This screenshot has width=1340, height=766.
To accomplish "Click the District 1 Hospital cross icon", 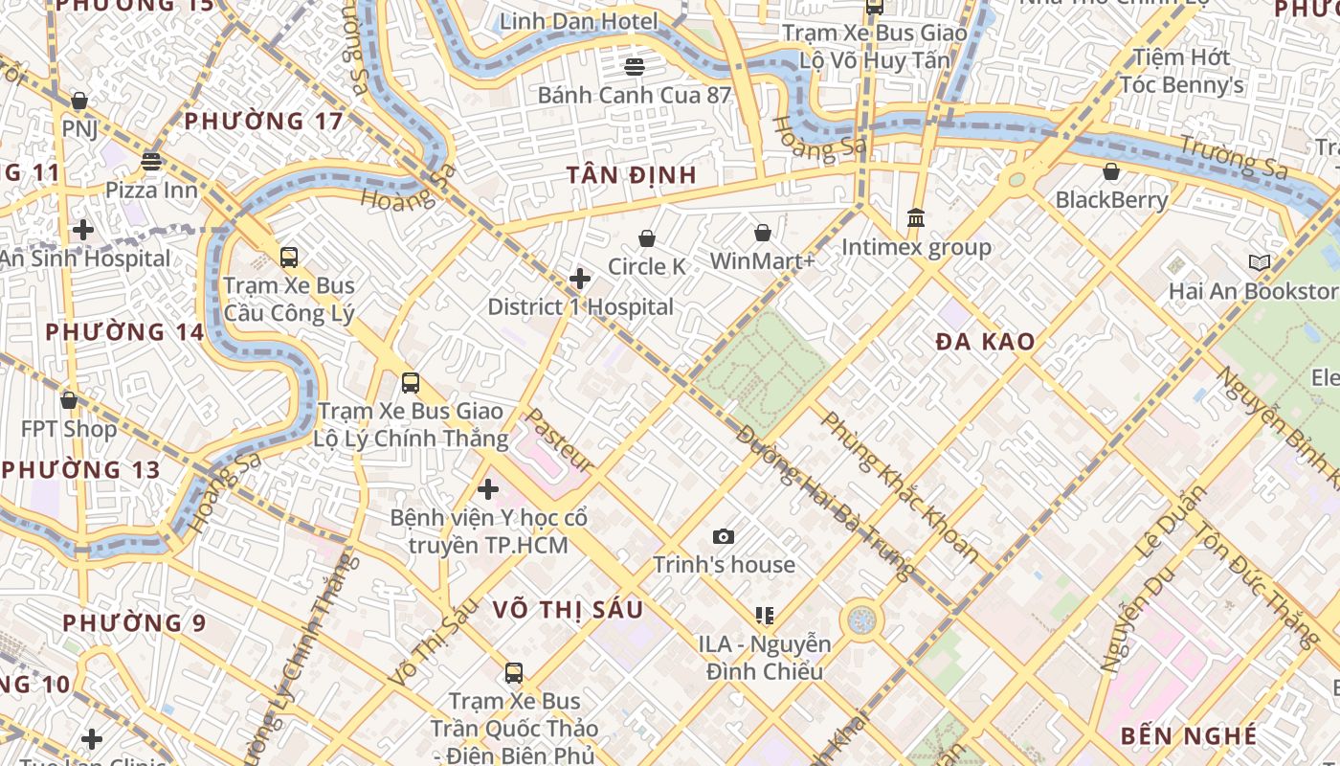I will click(580, 279).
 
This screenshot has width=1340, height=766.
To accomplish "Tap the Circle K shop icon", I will click(647, 238).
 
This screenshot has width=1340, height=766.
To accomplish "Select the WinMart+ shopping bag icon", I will click(763, 233).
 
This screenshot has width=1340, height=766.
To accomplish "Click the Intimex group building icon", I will click(916, 218).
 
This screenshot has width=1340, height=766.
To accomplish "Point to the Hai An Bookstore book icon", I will click(1260, 262).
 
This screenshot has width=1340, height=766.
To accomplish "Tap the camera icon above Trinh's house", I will click(724, 536).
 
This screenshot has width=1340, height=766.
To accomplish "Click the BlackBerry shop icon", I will click(1111, 172).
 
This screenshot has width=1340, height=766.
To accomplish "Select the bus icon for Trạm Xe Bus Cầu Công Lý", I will click(288, 257).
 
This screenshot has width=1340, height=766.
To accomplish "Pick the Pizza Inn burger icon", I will click(151, 161).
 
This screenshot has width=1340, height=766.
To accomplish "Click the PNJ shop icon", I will click(79, 101).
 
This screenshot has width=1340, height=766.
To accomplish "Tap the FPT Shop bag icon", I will click(69, 400).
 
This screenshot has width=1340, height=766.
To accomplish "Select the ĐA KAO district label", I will click(985, 342).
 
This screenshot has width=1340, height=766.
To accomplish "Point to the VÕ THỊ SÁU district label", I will click(568, 610).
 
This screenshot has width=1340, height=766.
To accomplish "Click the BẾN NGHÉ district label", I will click(1188, 735).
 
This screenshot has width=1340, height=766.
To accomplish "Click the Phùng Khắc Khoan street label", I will click(900, 487).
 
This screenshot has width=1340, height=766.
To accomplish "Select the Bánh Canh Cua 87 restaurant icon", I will click(634, 66).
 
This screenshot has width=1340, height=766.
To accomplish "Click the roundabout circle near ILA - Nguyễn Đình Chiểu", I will click(861, 620).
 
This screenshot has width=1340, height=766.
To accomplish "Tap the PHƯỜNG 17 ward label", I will click(263, 122).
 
